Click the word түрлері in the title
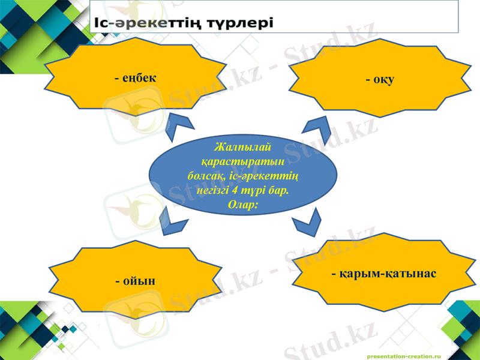pos(234,23)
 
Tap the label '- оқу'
pos(380,80)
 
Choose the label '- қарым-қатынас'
pos(384,274)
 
